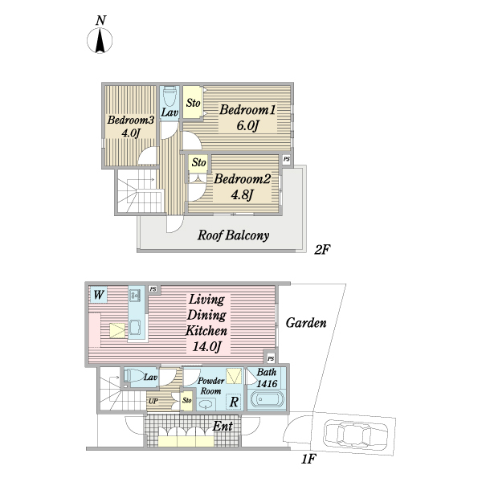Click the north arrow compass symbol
click(100, 40)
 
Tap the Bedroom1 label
click(247, 110)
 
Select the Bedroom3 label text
click(131, 120)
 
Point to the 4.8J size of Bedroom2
click(243, 195)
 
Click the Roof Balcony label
click(233, 235)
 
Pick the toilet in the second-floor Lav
click(170, 96)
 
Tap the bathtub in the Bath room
click(267, 399)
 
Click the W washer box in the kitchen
click(98, 295)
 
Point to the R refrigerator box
click(234, 402)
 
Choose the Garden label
click(306, 323)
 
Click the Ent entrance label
click(223, 426)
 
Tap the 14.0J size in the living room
click(206, 347)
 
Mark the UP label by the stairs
click(153, 401)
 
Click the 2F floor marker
click(322, 250)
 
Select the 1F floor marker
click(308, 460)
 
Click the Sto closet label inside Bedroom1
click(193, 103)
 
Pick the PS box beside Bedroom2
click(287, 160)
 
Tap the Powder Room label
click(210, 386)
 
